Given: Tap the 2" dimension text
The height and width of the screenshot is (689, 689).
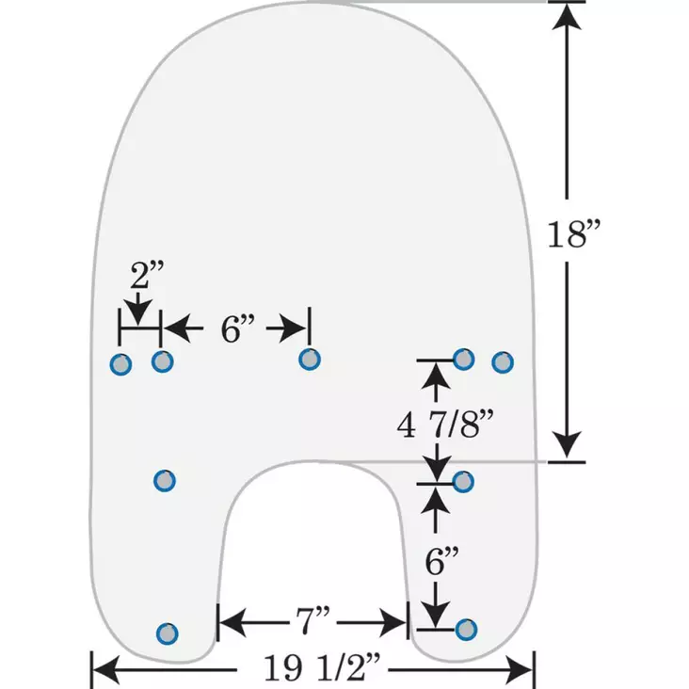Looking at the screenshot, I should pos(147,276).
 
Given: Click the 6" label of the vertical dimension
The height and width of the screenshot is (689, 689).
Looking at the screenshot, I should pos(441,563).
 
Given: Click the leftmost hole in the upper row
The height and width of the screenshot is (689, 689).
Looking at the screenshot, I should pos(120,363).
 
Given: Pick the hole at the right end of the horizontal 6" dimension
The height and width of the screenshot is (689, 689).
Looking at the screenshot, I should pos(309,359).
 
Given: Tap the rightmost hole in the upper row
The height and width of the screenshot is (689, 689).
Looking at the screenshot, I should pos(503,361).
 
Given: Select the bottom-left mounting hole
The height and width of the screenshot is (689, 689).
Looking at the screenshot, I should pos(167,633).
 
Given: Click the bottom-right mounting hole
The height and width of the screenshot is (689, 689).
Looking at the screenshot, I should pos(465,629).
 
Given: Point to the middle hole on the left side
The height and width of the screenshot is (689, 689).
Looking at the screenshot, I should pos(164,481).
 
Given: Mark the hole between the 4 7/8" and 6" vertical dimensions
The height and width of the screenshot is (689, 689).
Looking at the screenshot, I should pos(463,482).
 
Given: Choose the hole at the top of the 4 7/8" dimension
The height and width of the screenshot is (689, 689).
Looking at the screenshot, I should pos(463,358).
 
